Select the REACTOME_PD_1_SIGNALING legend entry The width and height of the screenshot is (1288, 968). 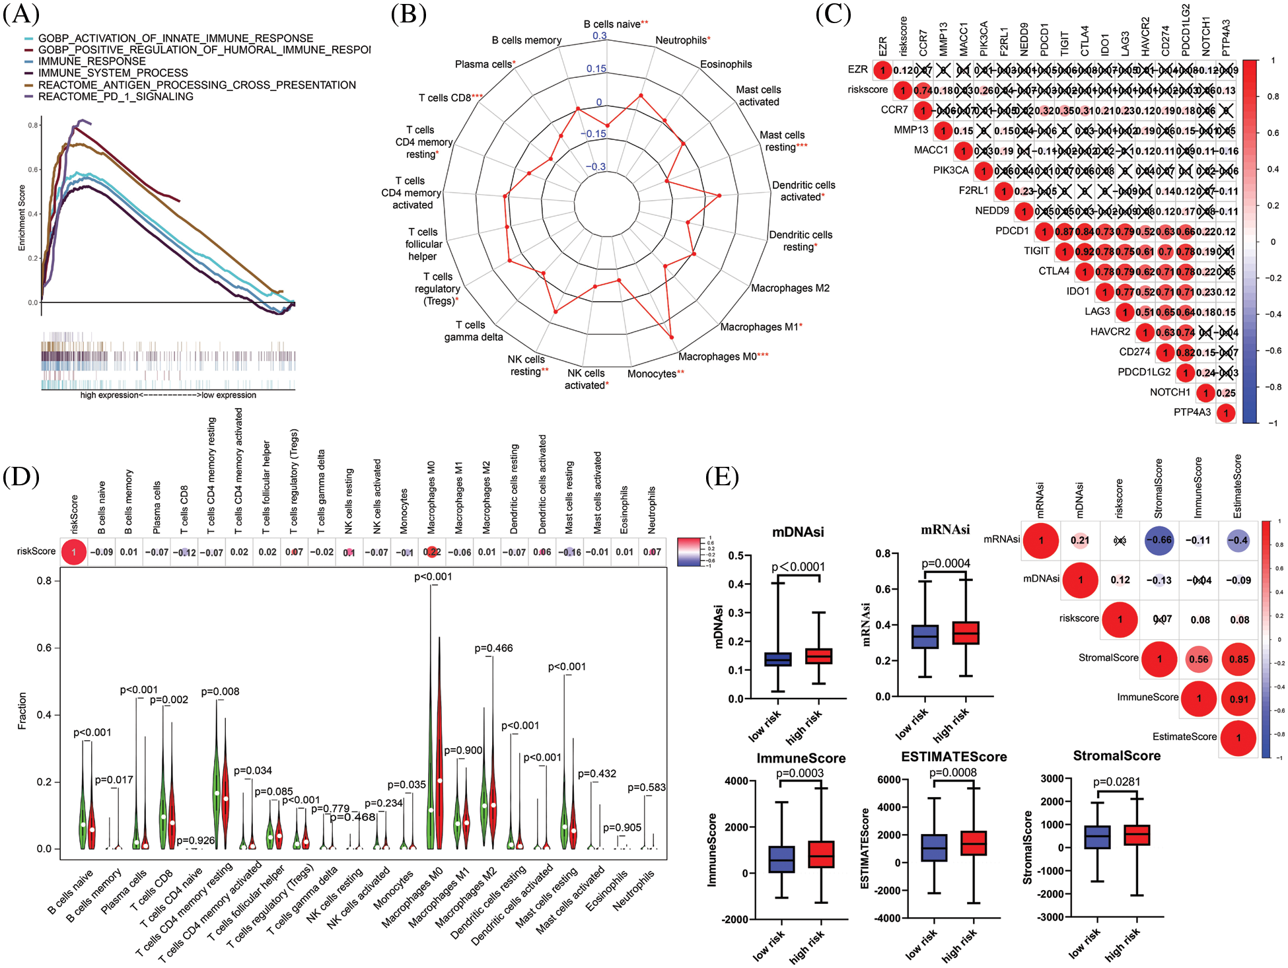tap(116, 96)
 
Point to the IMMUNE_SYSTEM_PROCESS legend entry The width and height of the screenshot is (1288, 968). tap(113, 73)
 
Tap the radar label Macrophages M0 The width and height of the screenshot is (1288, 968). tap(718, 357)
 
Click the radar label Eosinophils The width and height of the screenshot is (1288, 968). tap(726, 64)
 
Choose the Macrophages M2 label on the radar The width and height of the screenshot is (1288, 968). tap(790, 288)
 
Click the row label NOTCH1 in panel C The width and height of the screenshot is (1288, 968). tap(1170, 392)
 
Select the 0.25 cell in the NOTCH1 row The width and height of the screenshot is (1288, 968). tap(1226, 393)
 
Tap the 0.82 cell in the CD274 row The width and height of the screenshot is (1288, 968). tap(1186, 353)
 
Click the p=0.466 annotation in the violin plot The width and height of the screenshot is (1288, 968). tap(493, 648)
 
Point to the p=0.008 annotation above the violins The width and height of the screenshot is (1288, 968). tap(220, 691)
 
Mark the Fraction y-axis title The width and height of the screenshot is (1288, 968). tap(22, 710)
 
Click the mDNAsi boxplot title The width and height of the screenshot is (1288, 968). tap(798, 532)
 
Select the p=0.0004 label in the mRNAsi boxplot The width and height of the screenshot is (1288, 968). tap(945, 563)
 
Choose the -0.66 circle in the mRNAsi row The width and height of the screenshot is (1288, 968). tap(1159, 540)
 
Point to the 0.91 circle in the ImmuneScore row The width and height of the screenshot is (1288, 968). tap(1238, 699)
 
